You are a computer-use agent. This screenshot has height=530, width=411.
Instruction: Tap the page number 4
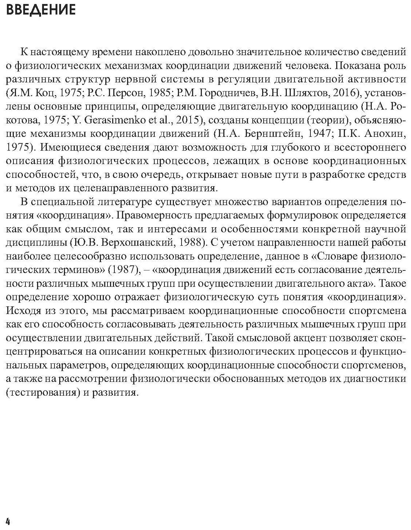pyautogui.click(x=8, y=522)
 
